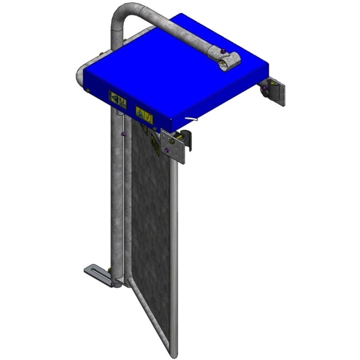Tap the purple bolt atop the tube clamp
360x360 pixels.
[223, 51]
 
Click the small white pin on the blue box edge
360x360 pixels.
[192, 119]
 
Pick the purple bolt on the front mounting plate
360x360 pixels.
[166, 150]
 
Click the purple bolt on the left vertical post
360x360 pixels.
[122, 135]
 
